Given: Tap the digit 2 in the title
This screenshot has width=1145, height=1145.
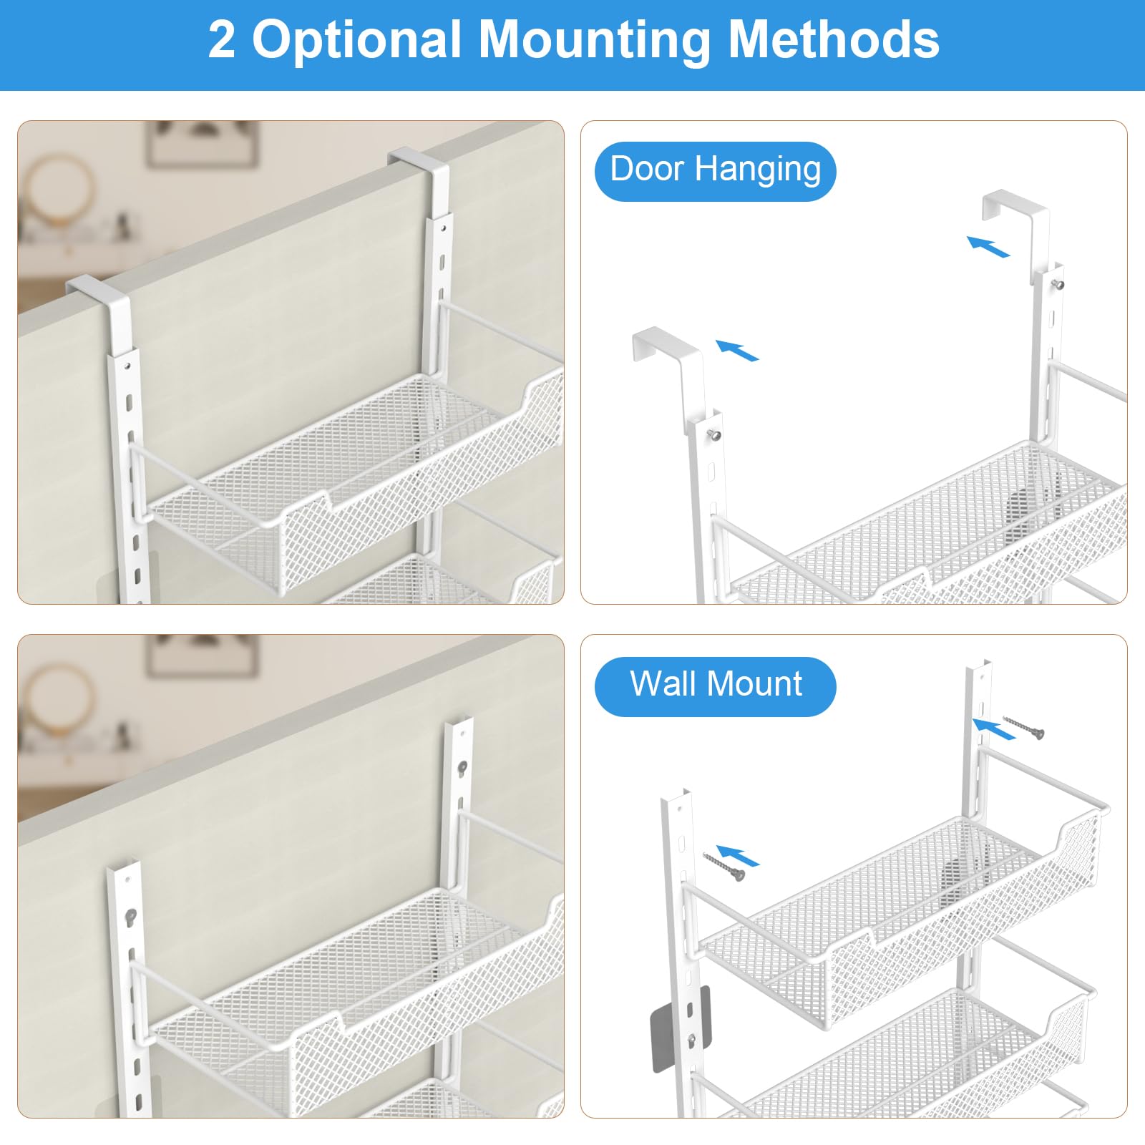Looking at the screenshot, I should coord(221,40).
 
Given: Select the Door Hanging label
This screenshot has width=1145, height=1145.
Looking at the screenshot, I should coord(715,171).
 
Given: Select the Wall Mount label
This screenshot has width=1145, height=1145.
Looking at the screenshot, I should coord(715,685).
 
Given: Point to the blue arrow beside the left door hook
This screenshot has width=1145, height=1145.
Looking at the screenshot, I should coord(737,350).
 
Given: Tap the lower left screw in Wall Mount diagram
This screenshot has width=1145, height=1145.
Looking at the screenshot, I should coord(724,865).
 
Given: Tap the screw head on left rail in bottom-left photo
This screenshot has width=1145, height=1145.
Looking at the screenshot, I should coord(130,915).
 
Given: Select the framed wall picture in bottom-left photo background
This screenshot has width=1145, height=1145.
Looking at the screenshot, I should coord(202,656).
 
